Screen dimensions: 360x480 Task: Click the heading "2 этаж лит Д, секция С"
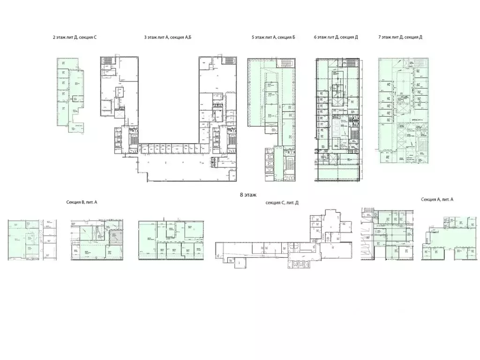point(75,37)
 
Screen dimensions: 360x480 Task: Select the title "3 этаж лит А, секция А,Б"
point(168,37)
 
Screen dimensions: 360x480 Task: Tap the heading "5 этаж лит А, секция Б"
point(273,37)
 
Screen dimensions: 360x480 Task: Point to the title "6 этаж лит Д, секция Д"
point(336,37)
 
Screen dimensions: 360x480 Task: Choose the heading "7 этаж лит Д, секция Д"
point(400,37)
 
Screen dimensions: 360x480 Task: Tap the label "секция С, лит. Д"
point(282,202)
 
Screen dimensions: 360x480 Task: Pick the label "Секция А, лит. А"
point(437,199)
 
